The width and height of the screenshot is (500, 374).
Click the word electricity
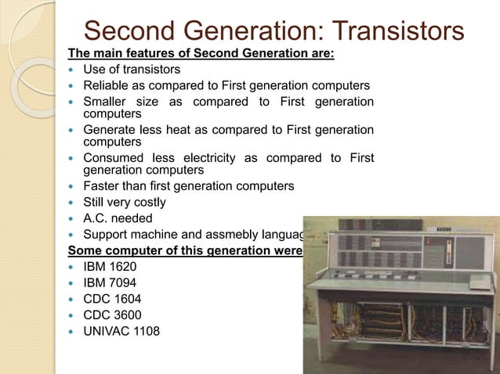click(201, 158)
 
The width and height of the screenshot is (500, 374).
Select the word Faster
click(103, 186)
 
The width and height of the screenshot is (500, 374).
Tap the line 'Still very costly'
click(125, 202)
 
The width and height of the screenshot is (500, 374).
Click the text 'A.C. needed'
click(118, 218)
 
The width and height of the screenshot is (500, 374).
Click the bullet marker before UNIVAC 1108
click(73, 331)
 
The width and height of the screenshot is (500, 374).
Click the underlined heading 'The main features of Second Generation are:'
click(201, 54)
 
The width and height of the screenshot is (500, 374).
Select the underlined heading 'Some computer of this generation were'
click(185, 250)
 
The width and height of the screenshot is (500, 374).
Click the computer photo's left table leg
click(317, 329)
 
